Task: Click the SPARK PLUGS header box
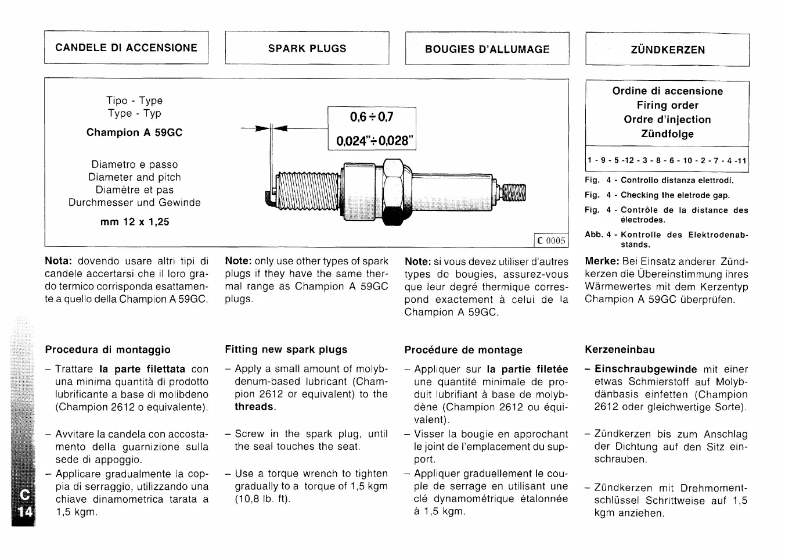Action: [x=307, y=48]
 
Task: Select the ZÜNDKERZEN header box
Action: [x=667, y=50]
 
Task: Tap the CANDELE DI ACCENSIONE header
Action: [x=126, y=48]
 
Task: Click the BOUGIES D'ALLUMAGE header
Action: [x=487, y=49]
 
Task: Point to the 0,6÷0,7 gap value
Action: [x=372, y=117]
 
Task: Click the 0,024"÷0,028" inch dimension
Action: [x=372, y=141]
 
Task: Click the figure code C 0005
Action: [x=550, y=241]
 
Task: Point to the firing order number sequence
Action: [x=667, y=161]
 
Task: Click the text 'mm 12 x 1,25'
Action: [x=135, y=222]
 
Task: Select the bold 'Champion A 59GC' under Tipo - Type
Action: [x=134, y=132]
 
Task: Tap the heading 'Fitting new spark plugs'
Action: [x=286, y=350]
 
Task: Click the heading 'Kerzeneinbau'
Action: [x=620, y=350]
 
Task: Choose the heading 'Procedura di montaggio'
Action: [x=107, y=350]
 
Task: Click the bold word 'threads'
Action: [x=254, y=407]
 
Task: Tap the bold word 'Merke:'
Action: [x=601, y=261]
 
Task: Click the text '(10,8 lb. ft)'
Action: [x=262, y=499]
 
